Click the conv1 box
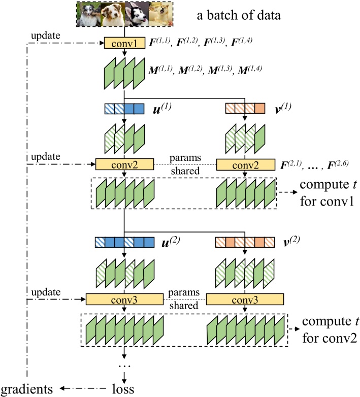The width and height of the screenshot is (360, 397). click(x=124, y=43)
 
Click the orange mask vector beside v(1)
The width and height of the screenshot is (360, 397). click(x=245, y=109)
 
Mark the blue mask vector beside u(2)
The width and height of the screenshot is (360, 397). click(x=124, y=242)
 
